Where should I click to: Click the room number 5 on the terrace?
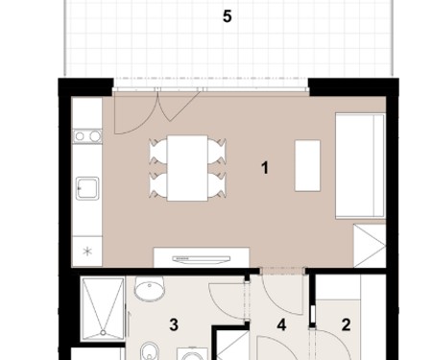(227, 16)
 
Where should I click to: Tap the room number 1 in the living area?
(265, 168)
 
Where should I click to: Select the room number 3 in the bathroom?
(174, 324)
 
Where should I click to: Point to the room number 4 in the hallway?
(281, 325)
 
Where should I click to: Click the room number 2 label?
(346, 324)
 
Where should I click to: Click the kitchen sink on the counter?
(87, 188)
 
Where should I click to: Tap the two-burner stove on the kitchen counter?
(87, 136)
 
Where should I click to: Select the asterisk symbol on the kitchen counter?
(87, 252)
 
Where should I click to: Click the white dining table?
(187, 168)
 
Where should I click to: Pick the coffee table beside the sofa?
(307, 165)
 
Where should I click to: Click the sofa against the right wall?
(360, 166)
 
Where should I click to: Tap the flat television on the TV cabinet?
(202, 259)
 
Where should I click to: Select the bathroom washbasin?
(150, 289)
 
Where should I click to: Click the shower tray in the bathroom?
(103, 309)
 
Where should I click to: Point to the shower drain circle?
(103, 333)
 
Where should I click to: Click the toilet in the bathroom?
(149, 351)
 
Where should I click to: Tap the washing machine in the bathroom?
(192, 354)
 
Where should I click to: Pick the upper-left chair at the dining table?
(158, 152)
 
